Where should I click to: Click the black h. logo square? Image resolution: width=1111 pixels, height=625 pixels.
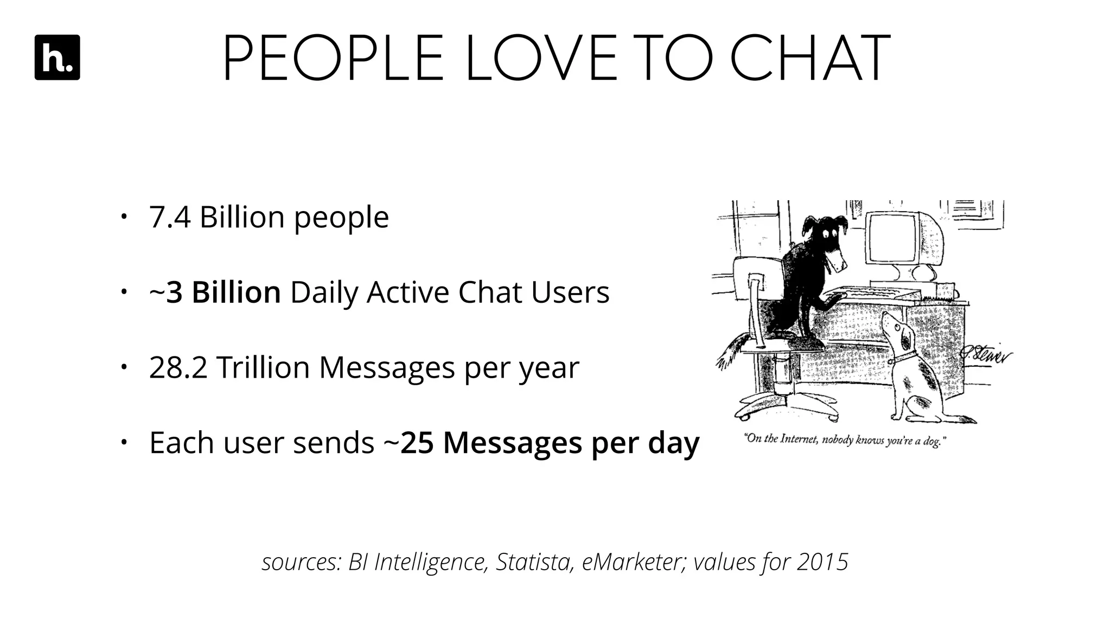point(57,58)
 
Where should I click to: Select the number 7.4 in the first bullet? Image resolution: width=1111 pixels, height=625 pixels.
point(170,218)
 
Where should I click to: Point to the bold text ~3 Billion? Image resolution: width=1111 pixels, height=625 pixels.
point(215,292)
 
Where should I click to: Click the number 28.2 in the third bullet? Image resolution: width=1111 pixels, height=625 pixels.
point(178,368)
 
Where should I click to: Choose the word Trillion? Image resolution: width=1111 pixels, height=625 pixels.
point(263,368)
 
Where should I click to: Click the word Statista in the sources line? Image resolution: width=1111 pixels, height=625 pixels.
point(534,562)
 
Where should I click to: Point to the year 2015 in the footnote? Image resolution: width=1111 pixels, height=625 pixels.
point(822,562)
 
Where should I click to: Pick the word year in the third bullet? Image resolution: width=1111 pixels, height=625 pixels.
point(549,368)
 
